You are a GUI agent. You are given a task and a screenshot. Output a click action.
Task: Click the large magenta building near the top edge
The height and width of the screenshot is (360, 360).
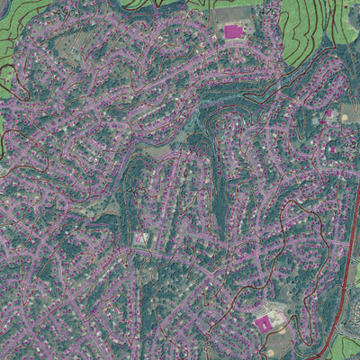[233, 32]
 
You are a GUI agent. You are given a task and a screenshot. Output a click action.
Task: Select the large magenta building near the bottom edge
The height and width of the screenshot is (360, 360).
[264, 323]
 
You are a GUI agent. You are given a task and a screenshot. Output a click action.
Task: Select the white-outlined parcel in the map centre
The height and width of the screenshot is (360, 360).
[141, 238]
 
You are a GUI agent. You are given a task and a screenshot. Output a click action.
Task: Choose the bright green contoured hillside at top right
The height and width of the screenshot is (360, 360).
[315, 27]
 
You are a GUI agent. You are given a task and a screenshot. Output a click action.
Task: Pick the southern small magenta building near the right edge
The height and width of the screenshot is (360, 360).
[332, 148]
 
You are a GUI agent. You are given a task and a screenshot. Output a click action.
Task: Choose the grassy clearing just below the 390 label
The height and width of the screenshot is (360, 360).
[135, 207]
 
